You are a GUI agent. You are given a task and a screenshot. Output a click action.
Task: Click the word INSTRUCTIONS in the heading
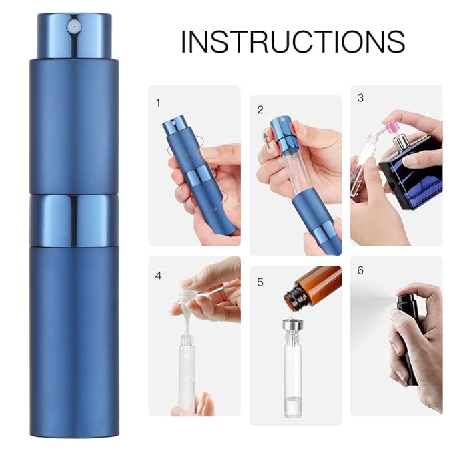coord(293,41)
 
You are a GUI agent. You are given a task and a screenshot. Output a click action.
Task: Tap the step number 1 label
coord(158,103)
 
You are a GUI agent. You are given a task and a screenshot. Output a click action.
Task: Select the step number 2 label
coord(260,110)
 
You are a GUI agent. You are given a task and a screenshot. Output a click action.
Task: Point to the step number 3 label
coord(360,98)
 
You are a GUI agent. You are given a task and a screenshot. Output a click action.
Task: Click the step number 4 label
coord(158,274)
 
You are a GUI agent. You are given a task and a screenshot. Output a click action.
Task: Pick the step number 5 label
coord(260,282)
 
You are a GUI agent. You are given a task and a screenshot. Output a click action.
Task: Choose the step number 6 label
coord(360,270)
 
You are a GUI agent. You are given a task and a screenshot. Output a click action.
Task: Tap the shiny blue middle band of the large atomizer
coord(73,221)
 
